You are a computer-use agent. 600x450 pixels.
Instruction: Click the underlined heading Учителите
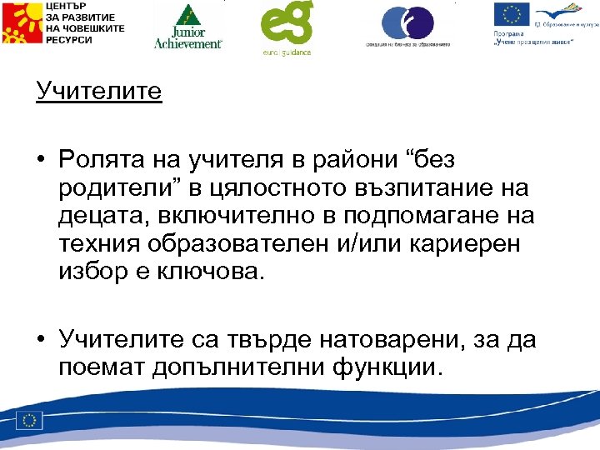point(98,90)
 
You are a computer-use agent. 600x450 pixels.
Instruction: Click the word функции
point(383,367)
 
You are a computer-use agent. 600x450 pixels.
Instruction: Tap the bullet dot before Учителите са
point(41,339)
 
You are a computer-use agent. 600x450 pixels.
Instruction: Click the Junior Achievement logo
point(188,26)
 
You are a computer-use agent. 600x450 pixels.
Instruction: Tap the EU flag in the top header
point(510,16)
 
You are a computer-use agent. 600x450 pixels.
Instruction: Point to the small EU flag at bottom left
point(32,421)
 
